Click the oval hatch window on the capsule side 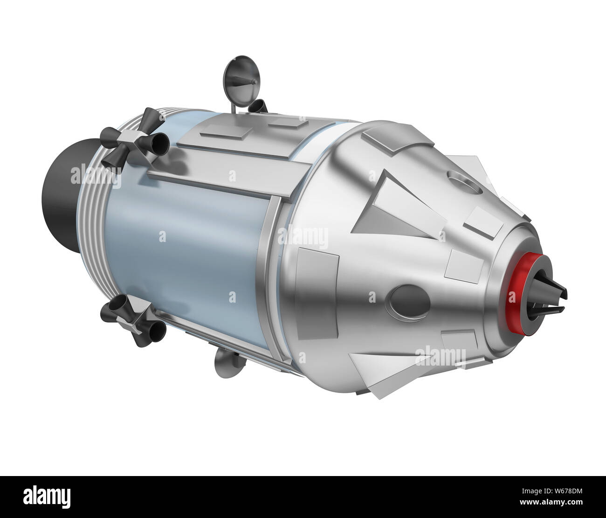click(409, 301)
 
